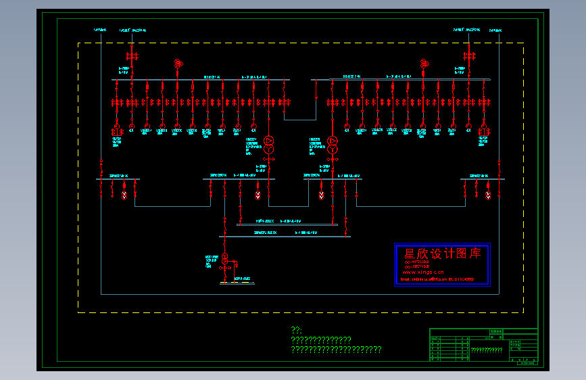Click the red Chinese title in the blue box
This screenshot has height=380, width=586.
[442, 254]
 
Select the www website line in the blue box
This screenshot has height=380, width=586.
[424, 272]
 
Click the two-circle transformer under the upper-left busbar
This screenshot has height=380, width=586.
[268, 143]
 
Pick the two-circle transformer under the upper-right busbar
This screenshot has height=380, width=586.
[332, 143]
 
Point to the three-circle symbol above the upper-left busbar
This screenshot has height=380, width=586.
[178, 64]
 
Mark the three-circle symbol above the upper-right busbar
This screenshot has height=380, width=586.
[424, 64]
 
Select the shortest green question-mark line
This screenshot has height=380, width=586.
[295, 330]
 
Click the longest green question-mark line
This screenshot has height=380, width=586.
[336, 350]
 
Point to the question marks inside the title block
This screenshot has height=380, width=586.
[487, 350]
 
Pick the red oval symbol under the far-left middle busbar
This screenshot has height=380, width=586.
[124, 195]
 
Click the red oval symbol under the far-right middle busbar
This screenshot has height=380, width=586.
[488, 195]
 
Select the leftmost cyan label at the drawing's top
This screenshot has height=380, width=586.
[100, 30]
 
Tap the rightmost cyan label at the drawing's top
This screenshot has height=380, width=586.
[496, 30]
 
